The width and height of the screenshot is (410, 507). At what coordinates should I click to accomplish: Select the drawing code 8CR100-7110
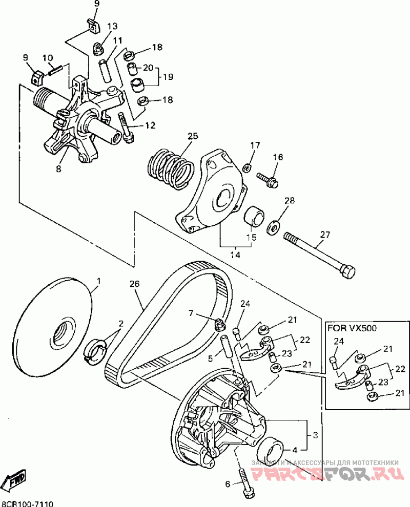pyautogui.click(x=28, y=503)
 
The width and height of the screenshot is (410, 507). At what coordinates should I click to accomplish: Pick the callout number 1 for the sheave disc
pyautogui.click(x=99, y=281)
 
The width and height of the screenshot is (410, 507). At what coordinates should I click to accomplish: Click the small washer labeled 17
pyautogui.click(x=247, y=167)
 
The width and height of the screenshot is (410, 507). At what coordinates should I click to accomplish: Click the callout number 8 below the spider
pyautogui.click(x=58, y=168)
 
